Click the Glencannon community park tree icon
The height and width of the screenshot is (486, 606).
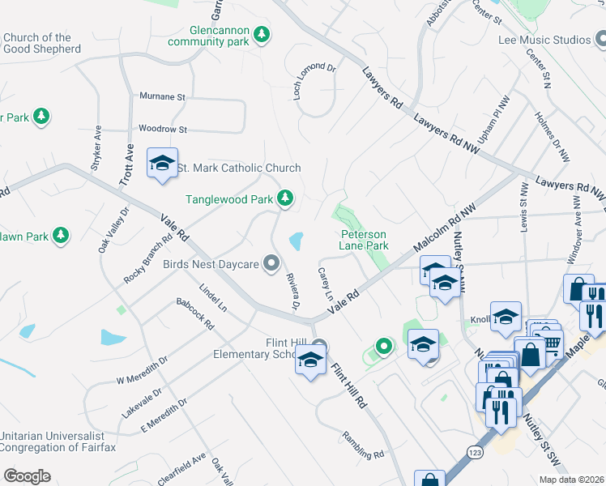click(x=261, y=34)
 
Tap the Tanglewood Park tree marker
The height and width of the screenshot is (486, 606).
click(x=284, y=198)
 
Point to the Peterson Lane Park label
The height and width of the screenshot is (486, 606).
click(x=364, y=240)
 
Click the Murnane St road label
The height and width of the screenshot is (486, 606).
click(x=162, y=97)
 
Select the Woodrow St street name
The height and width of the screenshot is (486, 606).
click(x=163, y=129)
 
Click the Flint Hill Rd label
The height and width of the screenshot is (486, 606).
click(x=349, y=384)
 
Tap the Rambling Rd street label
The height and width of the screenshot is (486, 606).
click(x=362, y=444)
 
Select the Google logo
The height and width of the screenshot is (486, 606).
click(x=27, y=475)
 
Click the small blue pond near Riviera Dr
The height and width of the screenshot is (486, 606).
click(x=296, y=241)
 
